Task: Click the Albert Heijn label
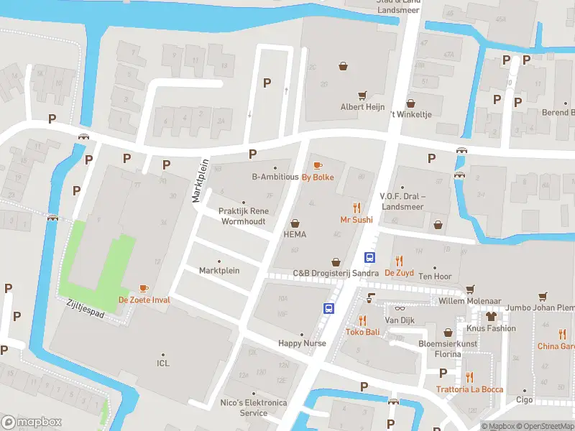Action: tap(362, 106)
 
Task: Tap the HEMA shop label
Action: tap(295, 234)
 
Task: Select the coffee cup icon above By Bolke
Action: tap(318, 166)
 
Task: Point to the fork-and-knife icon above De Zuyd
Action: tap(399, 261)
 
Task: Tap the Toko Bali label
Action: tap(362, 332)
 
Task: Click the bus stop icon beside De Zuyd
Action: tap(369, 259)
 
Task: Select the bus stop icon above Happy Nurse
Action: tap(328, 309)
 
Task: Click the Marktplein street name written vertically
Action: tap(201, 180)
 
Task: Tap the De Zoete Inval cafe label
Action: tap(144, 299)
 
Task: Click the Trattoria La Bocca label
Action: tap(469, 389)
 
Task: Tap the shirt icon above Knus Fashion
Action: tap(492, 315)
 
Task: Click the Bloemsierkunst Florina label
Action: tap(448, 348)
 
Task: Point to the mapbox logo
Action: tap(31, 422)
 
